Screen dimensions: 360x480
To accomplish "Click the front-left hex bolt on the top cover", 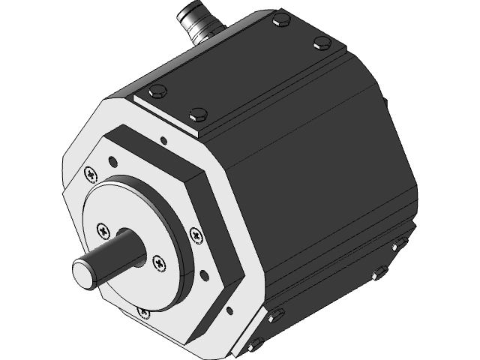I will click(x=157, y=93).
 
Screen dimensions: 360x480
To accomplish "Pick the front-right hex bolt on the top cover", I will click(x=199, y=115).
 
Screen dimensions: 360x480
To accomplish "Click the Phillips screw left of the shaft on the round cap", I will click(x=103, y=228).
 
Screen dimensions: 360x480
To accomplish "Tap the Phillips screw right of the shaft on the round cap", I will click(x=158, y=262).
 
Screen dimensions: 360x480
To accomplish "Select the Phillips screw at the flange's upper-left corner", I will click(x=91, y=175).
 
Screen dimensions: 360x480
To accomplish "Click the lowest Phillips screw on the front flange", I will click(x=143, y=310).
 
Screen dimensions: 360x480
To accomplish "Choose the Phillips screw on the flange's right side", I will click(x=196, y=235).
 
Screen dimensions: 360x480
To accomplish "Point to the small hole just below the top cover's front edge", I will click(x=162, y=139).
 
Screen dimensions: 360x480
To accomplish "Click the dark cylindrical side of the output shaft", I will click(x=120, y=251).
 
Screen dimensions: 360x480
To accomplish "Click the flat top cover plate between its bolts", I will click(x=240, y=67).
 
